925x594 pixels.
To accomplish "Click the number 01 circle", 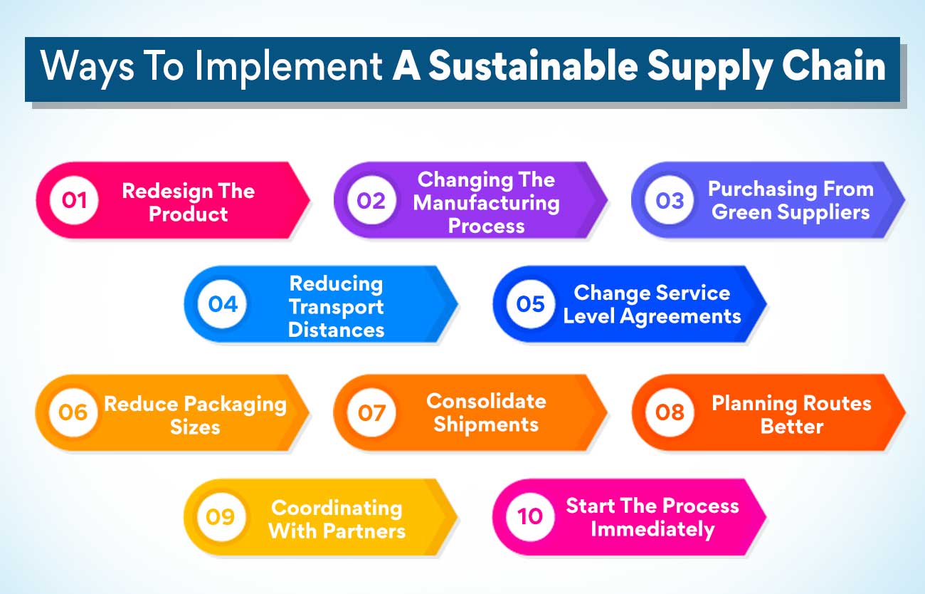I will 74,200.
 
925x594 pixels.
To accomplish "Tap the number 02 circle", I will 371,200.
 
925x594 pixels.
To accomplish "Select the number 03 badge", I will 670,200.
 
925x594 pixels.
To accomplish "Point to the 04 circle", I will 223,304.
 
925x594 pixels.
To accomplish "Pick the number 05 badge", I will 531,304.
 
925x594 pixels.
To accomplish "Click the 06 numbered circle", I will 73,412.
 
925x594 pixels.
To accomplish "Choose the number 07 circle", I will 371,412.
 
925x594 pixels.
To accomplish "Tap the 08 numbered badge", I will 670,412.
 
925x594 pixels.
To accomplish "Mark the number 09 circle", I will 221,516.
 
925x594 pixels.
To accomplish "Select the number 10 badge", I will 531,516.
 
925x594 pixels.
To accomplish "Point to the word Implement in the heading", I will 290,67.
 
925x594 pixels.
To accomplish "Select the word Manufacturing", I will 487,203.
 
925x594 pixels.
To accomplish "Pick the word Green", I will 742,212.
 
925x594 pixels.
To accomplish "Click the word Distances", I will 337,330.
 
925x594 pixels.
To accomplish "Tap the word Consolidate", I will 487,401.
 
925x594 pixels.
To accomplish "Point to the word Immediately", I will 652,529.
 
